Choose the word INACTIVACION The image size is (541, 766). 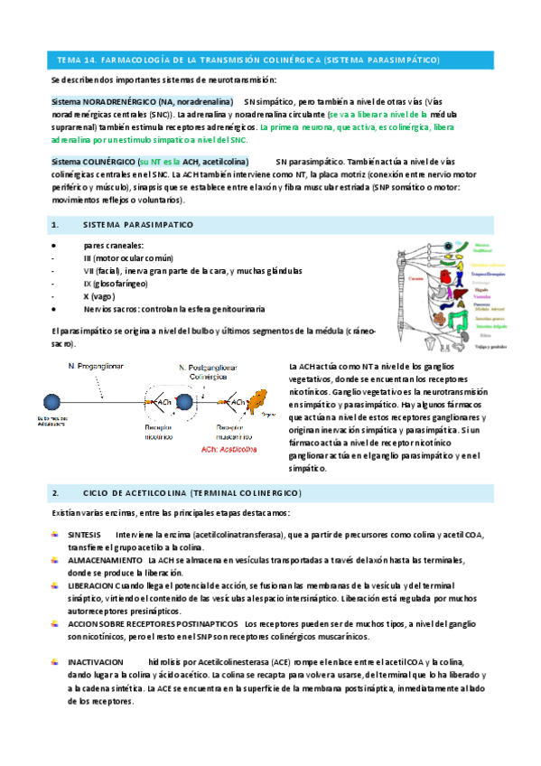click(x=95, y=661)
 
